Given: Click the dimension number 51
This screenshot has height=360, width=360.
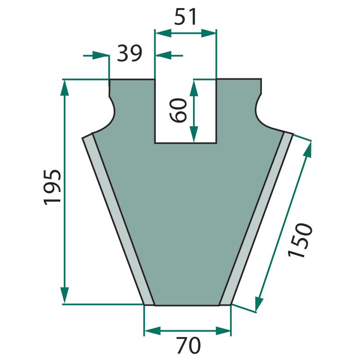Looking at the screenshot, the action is [185, 17].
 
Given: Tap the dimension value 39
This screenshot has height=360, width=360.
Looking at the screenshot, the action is [130, 54].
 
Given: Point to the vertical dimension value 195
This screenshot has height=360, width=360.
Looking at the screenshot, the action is [52, 187].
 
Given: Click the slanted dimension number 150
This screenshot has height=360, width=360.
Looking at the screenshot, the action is [300, 240].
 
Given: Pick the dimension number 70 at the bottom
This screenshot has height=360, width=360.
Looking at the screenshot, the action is [189, 345].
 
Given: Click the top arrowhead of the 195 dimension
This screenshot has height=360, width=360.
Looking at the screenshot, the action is [65, 87].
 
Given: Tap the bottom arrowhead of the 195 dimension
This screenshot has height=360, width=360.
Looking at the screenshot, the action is [65, 295].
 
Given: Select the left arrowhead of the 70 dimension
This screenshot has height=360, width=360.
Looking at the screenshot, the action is [152, 331].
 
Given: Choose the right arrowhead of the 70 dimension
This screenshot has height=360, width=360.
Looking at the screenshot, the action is [223, 331].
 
